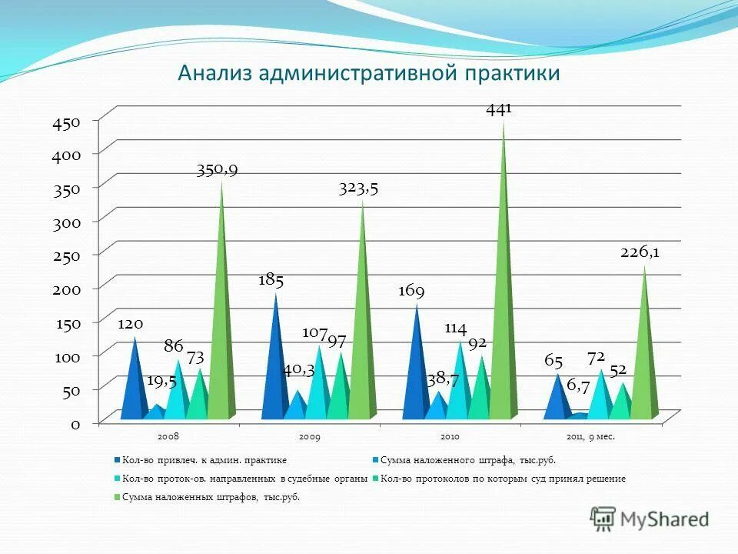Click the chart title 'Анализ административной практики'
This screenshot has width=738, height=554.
368,74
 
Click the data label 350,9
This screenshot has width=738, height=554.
216,170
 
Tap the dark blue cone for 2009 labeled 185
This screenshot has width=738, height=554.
275,362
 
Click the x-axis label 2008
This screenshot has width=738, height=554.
168,436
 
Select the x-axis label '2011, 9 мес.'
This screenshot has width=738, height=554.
591,436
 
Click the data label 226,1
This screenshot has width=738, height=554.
640,252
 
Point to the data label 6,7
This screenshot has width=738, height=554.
578,386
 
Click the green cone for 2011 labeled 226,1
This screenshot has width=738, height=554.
645,354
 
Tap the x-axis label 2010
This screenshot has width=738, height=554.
450,436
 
